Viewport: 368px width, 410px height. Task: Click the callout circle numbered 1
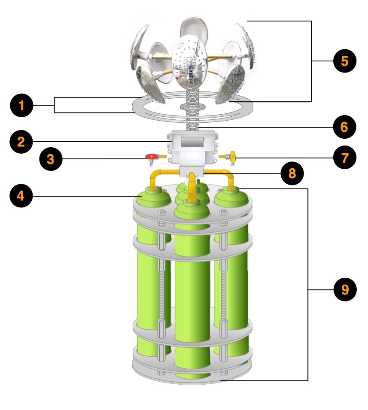point(21,105)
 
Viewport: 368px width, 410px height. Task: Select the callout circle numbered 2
point(21,142)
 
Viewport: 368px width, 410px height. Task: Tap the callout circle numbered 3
point(51,159)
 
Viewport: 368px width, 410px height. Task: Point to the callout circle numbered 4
point(21,196)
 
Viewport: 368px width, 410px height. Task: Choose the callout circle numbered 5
point(345,61)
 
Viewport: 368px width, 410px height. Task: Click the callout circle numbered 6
point(344,127)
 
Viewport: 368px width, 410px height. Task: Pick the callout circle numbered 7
point(345,158)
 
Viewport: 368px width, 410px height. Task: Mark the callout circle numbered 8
point(292,173)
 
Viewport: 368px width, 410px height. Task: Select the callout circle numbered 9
point(345,289)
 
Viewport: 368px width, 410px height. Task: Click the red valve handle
point(151,156)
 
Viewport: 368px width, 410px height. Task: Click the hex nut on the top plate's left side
point(162,213)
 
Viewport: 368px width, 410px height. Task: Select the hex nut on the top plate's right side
point(223,212)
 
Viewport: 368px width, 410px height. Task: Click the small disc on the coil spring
point(192,106)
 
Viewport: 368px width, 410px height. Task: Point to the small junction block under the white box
point(192,172)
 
